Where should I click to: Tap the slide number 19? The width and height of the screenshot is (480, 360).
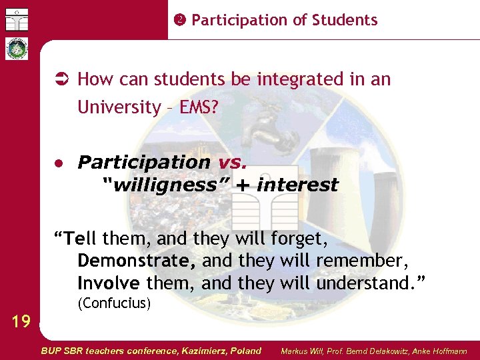[21, 322]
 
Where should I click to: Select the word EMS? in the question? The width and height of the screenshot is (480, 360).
[199, 107]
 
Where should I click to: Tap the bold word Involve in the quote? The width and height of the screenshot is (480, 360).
[109, 284]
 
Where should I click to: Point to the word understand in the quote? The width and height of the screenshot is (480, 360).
[369, 284]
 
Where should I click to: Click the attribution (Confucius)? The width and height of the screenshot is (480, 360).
[115, 305]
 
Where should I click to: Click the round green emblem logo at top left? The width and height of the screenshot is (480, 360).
[17, 49]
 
